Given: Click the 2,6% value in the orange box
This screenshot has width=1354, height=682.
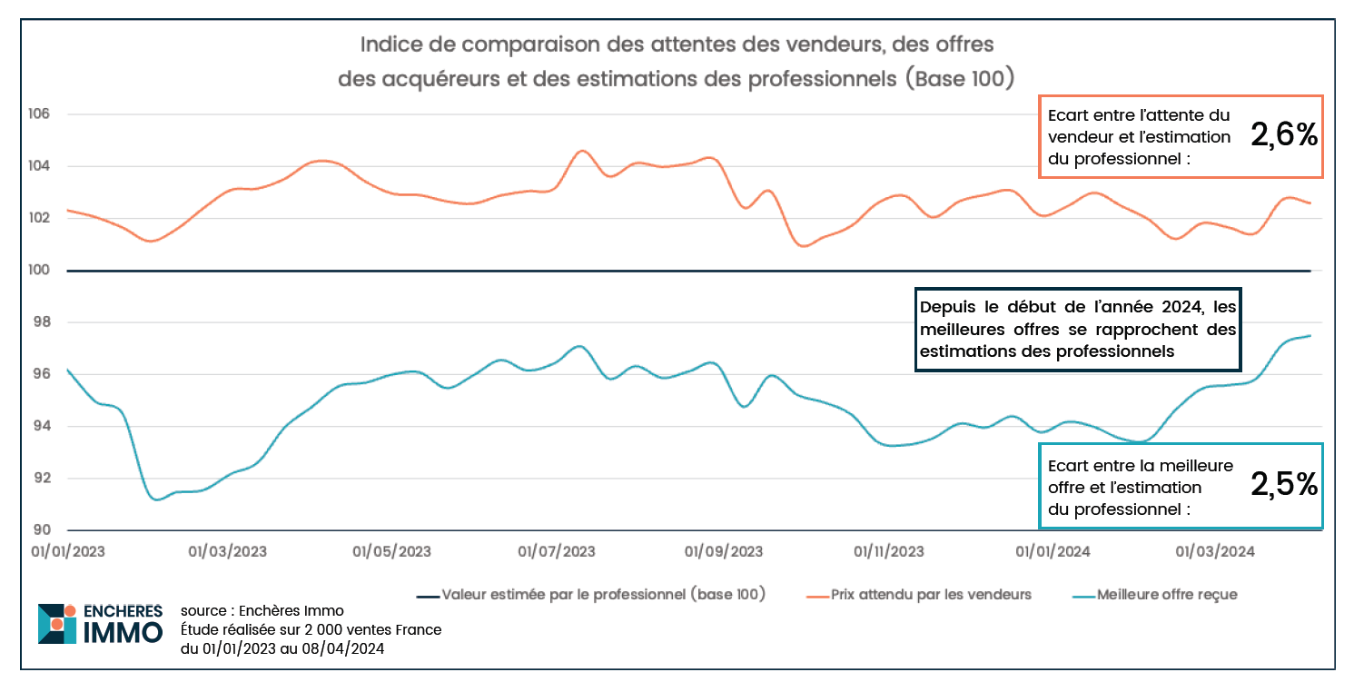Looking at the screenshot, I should pyautogui.click(x=1283, y=136).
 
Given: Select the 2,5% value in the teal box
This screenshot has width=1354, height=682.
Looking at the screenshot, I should pyautogui.click(x=1283, y=485).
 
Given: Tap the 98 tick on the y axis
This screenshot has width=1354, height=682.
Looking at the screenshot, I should pyautogui.click(x=50, y=322).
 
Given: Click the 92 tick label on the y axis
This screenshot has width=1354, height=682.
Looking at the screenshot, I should pyautogui.click(x=50, y=478).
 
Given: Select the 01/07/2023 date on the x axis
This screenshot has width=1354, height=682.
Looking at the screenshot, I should pyautogui.click(x=556, y=551).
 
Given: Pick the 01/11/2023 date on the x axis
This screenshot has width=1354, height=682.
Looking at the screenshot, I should pyautogui.click(x=889, y=551).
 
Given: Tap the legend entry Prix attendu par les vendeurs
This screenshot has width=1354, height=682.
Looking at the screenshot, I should pyautogui.click(x=930, y=595).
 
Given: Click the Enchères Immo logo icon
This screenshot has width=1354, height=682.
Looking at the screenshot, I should pyautogui.click(x=57, y=624).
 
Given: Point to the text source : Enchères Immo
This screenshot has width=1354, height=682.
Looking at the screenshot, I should pyautogui.click(x=262, y=610).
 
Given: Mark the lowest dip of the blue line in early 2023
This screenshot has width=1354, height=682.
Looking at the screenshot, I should pyautogui.click(x=157, y=499).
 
